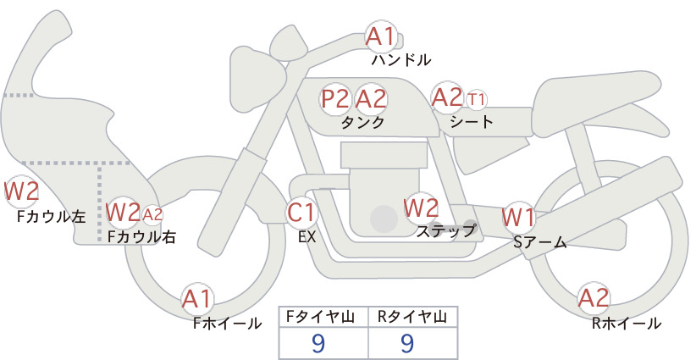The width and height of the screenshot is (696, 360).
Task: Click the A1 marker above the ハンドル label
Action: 381,36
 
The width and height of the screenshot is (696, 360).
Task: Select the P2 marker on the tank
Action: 335,98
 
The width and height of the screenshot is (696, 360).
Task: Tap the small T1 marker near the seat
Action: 477,99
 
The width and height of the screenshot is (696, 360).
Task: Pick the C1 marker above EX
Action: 301,212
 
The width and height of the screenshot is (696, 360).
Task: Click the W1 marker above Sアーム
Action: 518,218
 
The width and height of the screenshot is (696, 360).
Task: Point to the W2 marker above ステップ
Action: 421,208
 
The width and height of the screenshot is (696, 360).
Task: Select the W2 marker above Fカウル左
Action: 21,191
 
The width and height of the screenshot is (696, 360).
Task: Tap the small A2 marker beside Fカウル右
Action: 152,215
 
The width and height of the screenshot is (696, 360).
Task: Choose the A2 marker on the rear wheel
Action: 593,297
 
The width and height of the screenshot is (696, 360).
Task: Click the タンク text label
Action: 362,122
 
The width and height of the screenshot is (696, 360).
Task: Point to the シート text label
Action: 472,121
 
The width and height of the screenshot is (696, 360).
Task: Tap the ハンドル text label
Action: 401,59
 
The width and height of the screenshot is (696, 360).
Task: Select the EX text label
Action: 307,237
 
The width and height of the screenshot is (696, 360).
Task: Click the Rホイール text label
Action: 627,324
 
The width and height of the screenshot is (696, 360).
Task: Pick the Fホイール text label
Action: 227,324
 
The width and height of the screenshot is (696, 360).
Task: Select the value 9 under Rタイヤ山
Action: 407,343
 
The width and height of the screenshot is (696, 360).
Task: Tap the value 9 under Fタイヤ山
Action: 318,343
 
